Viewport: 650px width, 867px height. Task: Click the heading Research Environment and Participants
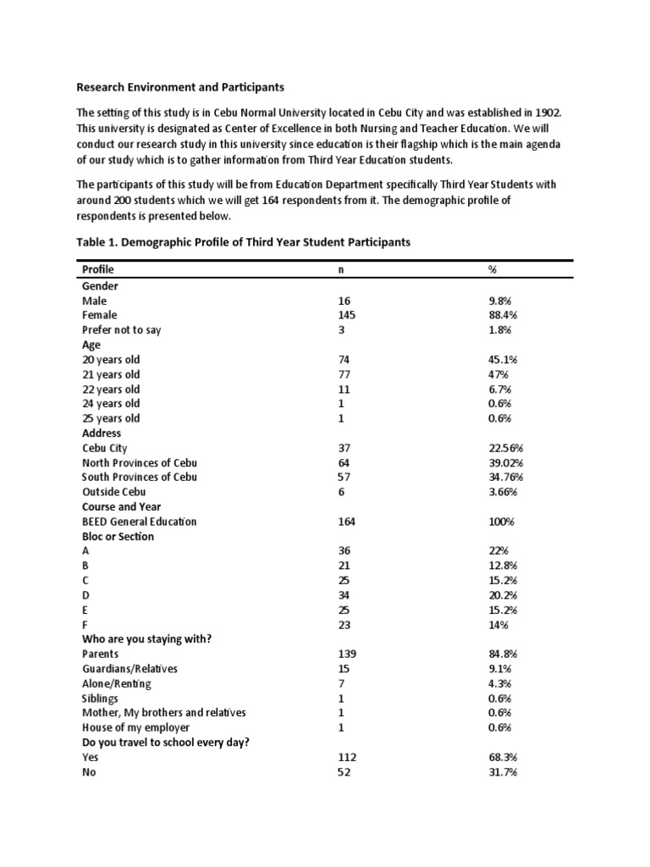point(180,86)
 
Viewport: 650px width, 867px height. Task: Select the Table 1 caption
point(243,241)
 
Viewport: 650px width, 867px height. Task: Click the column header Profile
point(97,269)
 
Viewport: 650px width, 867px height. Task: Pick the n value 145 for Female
point(347,315)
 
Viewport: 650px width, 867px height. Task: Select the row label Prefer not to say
point(121,329)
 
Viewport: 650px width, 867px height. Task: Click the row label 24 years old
point(111,404)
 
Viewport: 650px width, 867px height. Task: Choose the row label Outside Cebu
point(113,492)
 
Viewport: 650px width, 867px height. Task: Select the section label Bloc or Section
point(118,536)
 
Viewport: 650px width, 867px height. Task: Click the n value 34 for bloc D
point(344,595)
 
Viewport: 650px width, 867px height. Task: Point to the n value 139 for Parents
point(347,654)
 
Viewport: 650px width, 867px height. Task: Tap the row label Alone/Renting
point(117,683)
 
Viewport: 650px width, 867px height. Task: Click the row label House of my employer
point(135,727)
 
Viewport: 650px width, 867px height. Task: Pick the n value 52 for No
point(344,772)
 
